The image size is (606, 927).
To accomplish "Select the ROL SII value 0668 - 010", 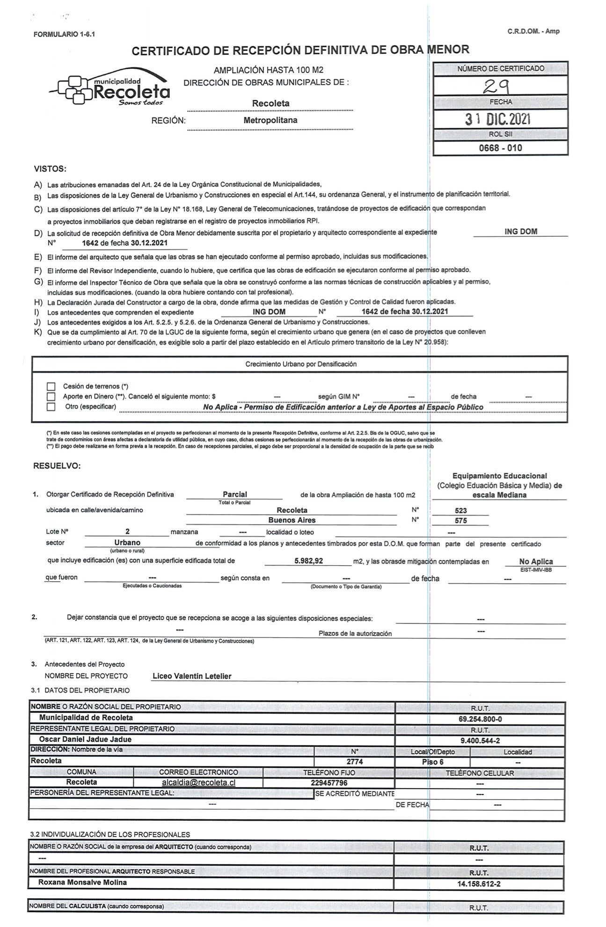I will coord(500,148).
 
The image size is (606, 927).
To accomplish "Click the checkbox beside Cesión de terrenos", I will coord(51,387).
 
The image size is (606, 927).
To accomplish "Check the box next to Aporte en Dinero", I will coord(51,396).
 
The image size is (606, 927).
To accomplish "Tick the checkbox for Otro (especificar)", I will coord(51,407).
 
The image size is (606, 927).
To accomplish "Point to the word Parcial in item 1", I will coord(234,494).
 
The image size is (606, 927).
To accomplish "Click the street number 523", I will coord(460,511).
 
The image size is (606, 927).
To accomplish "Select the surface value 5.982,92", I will coord(309,561).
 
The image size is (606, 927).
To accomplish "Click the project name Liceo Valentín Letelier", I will coord(192,676).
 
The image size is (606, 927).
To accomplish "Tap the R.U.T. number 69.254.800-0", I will coord(480,719).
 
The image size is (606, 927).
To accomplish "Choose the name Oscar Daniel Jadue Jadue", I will coord(85,739).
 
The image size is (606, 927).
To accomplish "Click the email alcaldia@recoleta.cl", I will coord(198,782).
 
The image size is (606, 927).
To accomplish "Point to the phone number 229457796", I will coord(329,782).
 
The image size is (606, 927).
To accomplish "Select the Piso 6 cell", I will coord(432,762).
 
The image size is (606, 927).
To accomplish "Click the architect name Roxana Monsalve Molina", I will coord(83,882).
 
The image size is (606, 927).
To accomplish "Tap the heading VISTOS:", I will coord(50,168).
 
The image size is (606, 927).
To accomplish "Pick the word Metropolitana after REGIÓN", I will coord(270,120).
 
